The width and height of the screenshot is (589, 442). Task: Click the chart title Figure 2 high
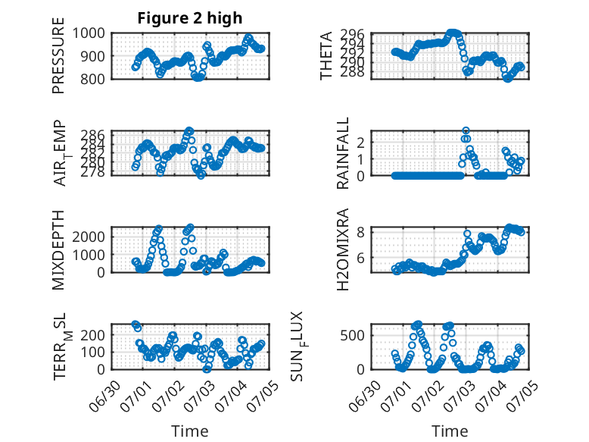pos(190,18)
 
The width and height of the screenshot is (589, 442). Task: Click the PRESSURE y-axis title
pos(58,55)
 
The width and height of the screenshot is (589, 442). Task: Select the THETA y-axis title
pos(326,55)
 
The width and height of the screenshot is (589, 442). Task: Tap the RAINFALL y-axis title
pos(343,153)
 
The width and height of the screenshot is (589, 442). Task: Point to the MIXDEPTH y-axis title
pos(58,249)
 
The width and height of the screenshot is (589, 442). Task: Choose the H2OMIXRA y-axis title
pos(343,249)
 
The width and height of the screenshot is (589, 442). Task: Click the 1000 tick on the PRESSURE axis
pos(89,33)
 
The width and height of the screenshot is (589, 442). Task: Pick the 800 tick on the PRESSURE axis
pos(92,79)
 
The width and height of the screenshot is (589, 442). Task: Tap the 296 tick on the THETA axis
pos(352,35)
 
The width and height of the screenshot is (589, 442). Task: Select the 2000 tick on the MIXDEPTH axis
pos(89,237)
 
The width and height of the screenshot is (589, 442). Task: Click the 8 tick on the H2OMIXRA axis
pos(360,233)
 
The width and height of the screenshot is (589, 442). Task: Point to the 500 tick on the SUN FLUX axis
pos(352,335)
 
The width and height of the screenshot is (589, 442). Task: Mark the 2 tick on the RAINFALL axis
pos(360,143)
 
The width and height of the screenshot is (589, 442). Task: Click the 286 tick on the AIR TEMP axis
pos(92,135)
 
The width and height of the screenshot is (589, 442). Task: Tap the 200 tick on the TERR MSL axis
pos(92,335)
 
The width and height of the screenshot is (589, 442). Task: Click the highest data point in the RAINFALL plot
pos(466,130)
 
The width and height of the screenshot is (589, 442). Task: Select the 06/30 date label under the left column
pos(105,396)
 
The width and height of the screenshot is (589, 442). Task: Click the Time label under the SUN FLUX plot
pos(450,431)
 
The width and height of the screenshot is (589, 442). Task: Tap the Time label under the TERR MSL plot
pos(190,431)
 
